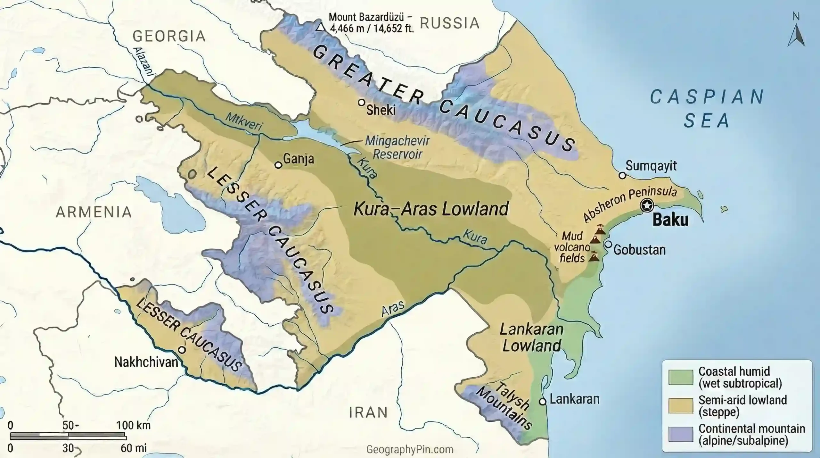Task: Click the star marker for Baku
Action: [647, 205]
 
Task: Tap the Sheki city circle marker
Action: [362, 103]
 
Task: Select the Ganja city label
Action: [299, 159]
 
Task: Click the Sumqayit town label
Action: [651, 166]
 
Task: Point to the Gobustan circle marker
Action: [608, 244]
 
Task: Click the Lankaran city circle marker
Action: [542, 401]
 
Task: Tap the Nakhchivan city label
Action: [146, 362]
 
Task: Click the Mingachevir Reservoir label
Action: [398, 147]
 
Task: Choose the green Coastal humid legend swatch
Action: [680, 377]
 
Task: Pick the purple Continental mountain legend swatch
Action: [680, 435]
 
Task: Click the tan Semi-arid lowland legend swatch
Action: [680, 406]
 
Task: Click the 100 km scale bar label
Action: [133, 426]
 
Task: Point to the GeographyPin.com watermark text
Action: [410, 449]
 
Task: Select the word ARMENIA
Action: [94, 212]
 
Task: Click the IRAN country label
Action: [368, 412]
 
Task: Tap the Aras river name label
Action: [393, 309]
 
